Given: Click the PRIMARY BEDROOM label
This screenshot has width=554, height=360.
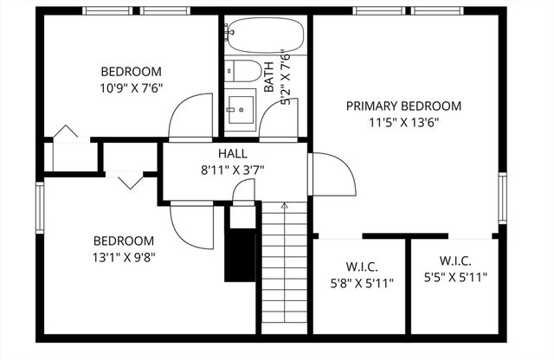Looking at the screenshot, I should (403, 106).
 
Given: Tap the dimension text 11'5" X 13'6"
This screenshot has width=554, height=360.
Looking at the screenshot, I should (403, 122).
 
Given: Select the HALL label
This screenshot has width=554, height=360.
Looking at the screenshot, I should (233, 154).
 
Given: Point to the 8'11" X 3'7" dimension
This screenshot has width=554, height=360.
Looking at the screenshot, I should (234, 170).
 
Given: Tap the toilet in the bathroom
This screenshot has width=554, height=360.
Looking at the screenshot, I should (247, 70).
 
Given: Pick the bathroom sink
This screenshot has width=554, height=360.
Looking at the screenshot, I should (240, 107).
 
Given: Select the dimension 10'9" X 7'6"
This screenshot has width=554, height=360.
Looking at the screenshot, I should (132, 87).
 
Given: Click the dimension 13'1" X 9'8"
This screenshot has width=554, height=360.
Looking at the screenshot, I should (124, 256).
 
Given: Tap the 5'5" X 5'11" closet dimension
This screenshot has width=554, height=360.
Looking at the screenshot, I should (455, 278).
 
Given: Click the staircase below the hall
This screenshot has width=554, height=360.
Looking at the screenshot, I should (285, 268).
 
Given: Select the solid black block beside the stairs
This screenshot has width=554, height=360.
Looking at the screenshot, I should (240, 254).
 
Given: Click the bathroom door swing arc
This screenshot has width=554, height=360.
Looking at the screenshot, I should (279, 119).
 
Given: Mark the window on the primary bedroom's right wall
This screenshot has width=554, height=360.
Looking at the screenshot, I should (502, 198).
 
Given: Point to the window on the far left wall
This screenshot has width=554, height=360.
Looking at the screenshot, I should (40, 206).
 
